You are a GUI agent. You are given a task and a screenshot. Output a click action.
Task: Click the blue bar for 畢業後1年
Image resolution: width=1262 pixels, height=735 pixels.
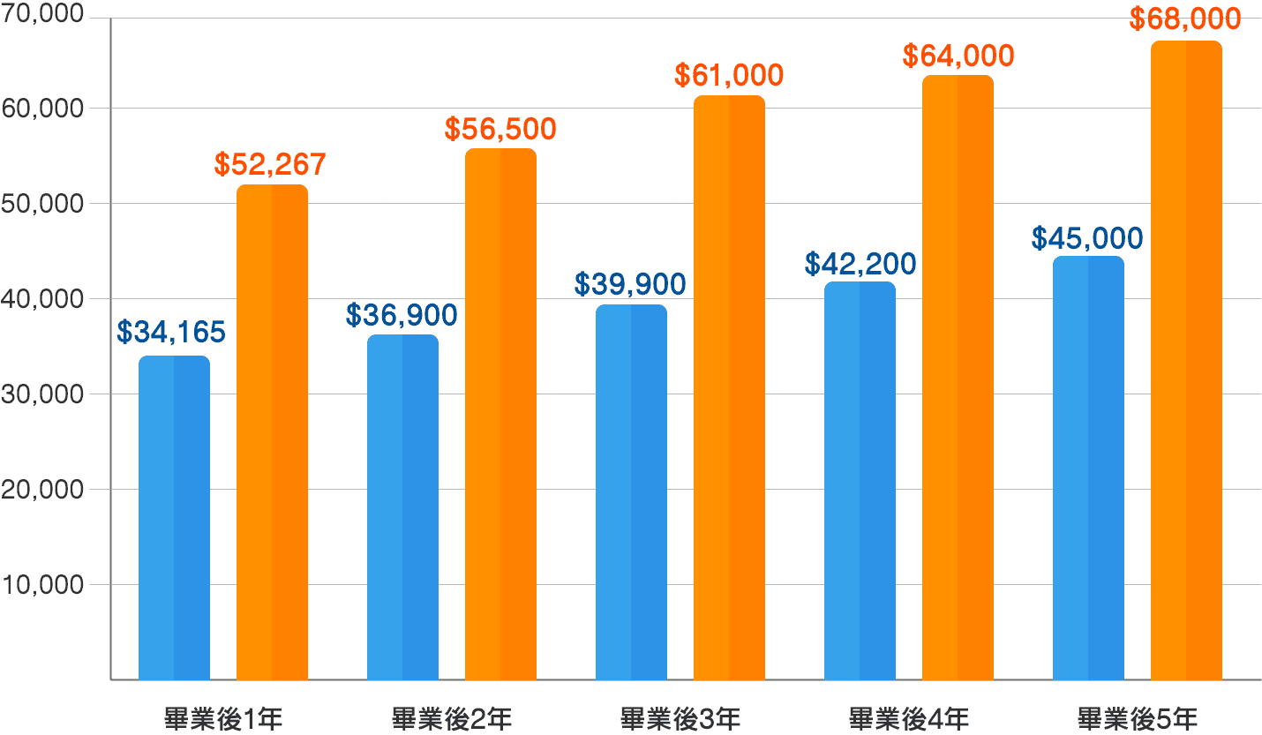point(174,518)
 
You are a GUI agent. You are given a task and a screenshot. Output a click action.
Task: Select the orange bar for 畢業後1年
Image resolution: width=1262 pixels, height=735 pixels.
point(272,432)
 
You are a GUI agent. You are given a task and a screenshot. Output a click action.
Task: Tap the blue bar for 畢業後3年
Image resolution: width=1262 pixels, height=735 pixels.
point(631,492)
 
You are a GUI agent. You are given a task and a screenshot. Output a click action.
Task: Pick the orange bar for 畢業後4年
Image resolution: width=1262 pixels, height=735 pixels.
point(958,378)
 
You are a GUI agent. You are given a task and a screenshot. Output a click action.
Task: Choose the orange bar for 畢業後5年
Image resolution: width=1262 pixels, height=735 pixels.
point(1186,360)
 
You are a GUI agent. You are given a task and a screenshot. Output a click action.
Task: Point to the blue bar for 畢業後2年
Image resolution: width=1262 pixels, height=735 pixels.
point(402,507)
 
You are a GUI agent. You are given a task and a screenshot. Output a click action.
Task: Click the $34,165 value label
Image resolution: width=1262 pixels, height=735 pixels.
point(171,333)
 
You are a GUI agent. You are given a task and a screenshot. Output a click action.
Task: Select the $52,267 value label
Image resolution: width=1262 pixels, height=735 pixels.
point(270,164)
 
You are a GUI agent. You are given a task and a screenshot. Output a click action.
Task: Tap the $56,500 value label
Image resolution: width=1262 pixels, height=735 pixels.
point(500,129)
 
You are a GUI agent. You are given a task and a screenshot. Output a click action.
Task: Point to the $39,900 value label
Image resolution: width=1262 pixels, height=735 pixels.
point(630,284)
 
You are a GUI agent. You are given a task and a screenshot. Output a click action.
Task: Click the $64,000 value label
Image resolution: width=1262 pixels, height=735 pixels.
point(958,56)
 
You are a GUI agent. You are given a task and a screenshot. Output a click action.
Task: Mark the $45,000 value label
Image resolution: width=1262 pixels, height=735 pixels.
point(1087,238)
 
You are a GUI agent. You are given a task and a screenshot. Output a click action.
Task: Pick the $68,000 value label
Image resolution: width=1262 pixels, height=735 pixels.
point(1186,19)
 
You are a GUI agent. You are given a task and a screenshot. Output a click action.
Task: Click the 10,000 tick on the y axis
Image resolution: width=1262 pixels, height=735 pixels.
point(44,585)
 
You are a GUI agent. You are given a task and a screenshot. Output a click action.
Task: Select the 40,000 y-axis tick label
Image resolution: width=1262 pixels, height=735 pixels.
point(44,299)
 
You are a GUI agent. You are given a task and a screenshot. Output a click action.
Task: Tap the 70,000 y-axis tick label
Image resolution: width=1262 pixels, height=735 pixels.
point(44,15)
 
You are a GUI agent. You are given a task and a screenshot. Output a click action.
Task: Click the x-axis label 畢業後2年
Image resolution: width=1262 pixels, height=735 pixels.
point(451,717)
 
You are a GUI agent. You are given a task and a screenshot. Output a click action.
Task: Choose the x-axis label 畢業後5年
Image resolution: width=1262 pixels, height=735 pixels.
point(1138,717)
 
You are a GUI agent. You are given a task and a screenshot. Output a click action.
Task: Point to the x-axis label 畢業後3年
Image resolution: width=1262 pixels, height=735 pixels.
point(680,717)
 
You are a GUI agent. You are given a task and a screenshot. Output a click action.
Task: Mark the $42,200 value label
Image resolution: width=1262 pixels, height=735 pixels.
point(860,264)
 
